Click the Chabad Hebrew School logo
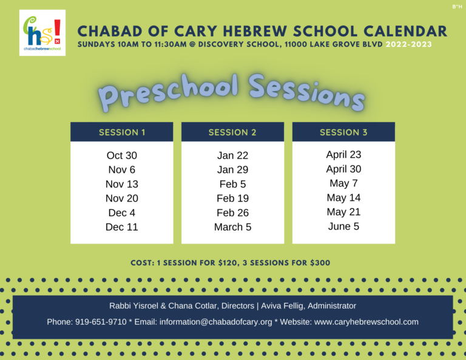42,33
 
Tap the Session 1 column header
122,132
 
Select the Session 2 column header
233,132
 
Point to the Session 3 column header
343,132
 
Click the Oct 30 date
122,155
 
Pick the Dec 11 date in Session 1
122,227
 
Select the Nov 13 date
122,184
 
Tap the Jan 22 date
233,155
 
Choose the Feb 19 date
233,199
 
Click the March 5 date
233,227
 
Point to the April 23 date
343,155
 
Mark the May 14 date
343,198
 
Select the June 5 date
343,226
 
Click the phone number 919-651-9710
101,322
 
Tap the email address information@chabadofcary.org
216,322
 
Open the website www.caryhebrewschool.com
366,322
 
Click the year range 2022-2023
408,44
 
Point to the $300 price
320,263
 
